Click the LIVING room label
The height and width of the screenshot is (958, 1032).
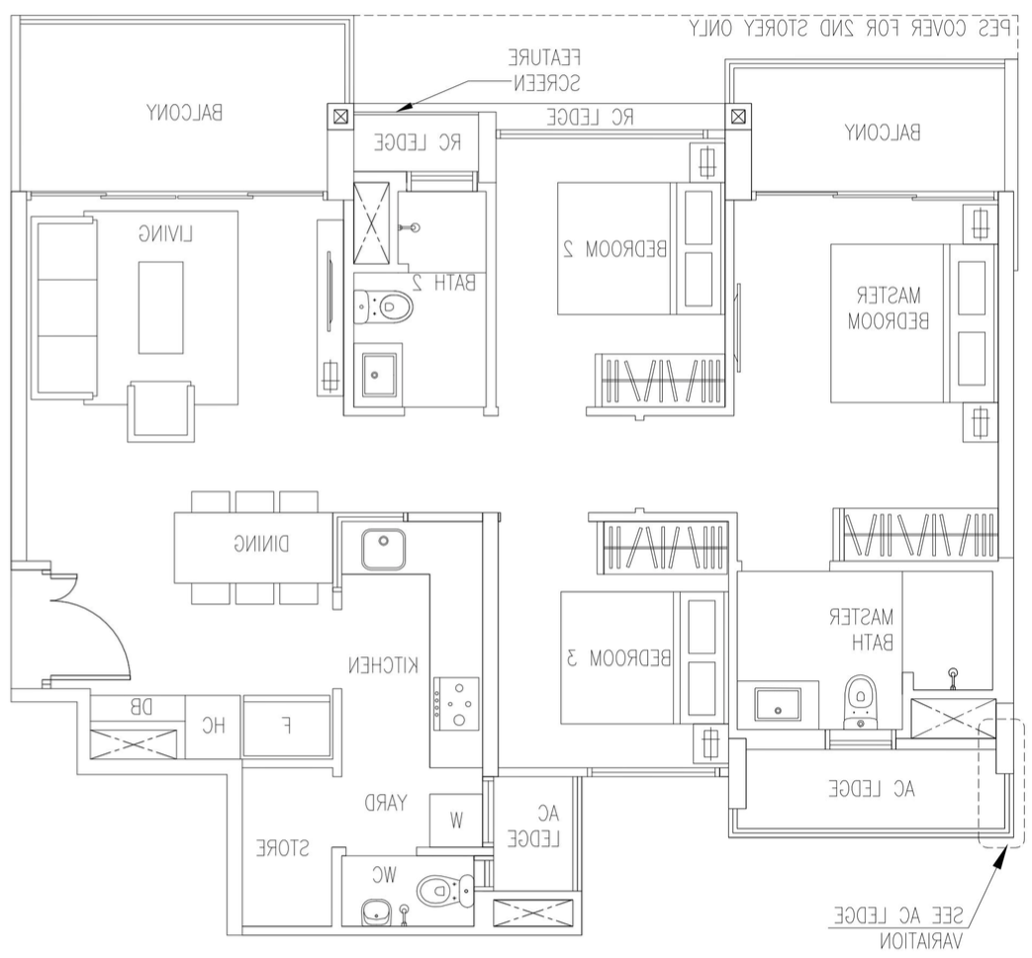(x=164, y=234)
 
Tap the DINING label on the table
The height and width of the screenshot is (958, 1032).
(x=259, y=543)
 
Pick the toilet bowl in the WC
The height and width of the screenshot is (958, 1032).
(x=437, y=891)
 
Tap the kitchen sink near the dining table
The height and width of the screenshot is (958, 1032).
(x=384, y=550)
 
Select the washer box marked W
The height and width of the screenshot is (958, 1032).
(x=455, y=819)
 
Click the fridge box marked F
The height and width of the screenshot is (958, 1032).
(x=287, y=726)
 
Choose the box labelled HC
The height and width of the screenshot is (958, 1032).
(x=214, y=726)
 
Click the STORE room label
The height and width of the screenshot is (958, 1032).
(x=283, y=848)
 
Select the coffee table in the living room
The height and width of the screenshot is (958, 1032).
(x=160, y=306)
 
